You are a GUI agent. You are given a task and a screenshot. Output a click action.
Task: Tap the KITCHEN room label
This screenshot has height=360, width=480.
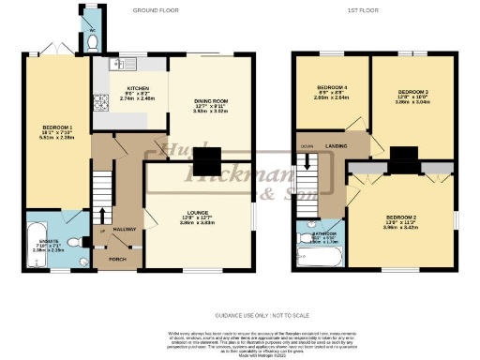[127, 92]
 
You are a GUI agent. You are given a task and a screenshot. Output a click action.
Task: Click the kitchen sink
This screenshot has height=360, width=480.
[117, 65]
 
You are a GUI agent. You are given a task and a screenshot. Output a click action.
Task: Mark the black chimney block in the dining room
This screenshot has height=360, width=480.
[207, 157]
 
